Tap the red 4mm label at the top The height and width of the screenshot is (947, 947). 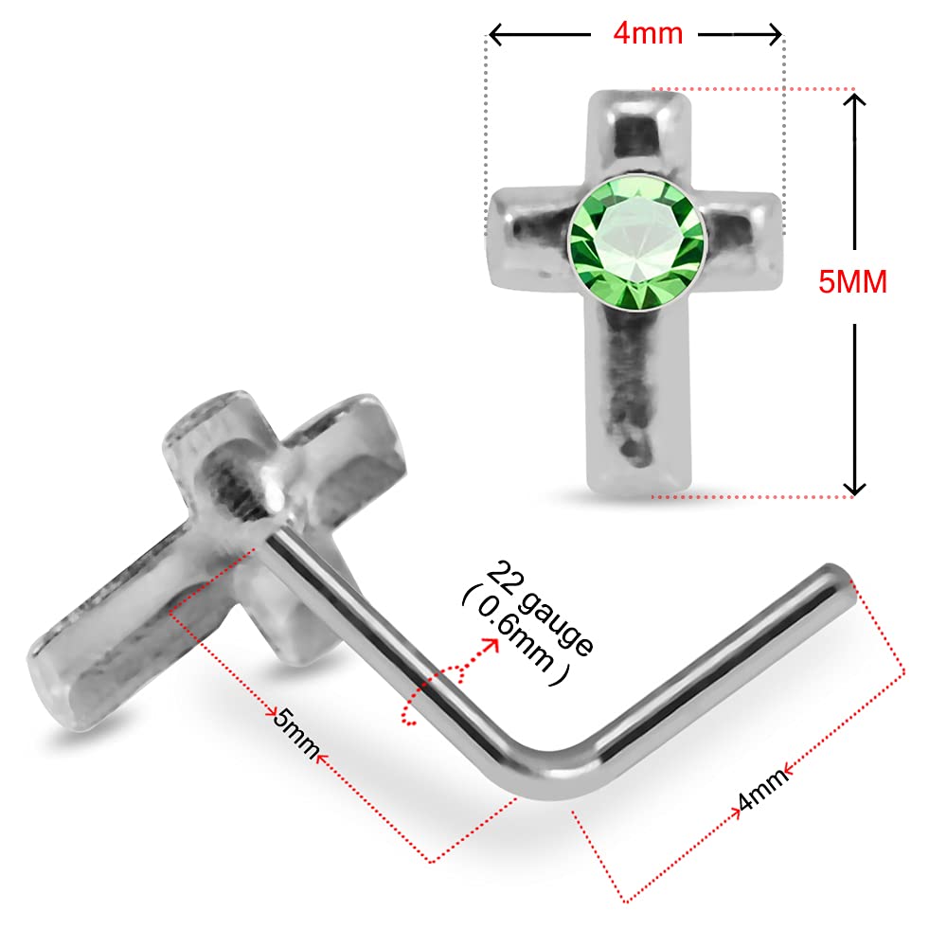point(648,33)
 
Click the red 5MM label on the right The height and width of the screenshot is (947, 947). point(852,281)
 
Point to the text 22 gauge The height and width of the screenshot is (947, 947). point(540,608)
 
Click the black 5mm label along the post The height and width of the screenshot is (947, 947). point(295,733)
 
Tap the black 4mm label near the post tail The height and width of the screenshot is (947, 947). point(762,789)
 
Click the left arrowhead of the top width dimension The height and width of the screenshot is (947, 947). point(495,34)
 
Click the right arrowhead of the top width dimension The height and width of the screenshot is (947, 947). point(775,34)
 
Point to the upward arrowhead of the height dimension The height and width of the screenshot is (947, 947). point(854,99)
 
